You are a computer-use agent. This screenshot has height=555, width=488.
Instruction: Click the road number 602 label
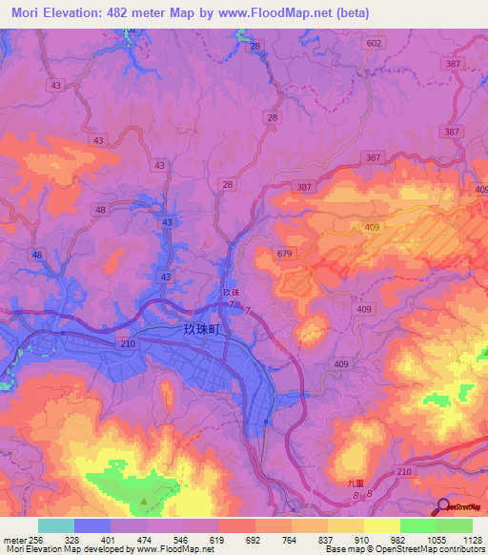(x=374, y=44)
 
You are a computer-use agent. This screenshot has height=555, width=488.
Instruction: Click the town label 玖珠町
(x=201, y=328)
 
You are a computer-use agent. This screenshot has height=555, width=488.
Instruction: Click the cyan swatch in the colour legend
(x=56, y=524)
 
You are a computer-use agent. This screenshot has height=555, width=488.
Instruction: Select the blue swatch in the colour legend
(x=92, y=524)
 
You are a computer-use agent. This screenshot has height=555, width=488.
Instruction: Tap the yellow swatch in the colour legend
(x=381, y=524)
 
